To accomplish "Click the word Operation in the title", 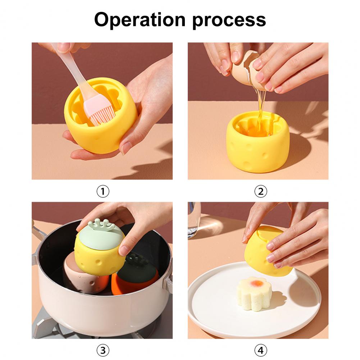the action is tap(140, 20).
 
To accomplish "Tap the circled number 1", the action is tap(102, 191).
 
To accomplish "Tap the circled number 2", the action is tap(261, 191).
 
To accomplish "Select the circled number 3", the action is tap(102, 350).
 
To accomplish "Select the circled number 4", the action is tap(261, 350).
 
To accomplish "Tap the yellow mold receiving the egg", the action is tap(258, 142).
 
